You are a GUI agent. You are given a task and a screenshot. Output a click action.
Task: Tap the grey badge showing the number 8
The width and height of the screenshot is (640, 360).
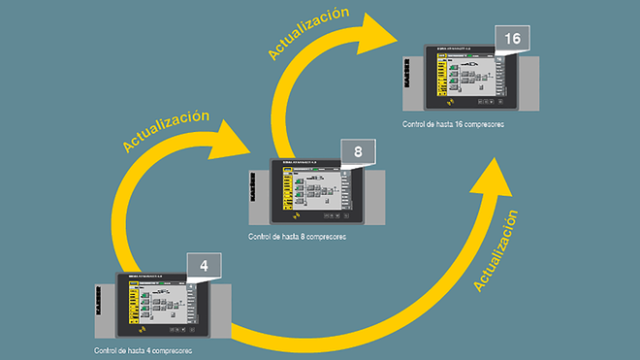(358, 152)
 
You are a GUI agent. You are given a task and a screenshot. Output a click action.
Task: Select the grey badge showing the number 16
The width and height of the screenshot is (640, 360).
(512, 39)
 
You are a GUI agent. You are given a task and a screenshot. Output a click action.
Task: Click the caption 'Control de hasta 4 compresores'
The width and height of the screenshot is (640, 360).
(144, 349)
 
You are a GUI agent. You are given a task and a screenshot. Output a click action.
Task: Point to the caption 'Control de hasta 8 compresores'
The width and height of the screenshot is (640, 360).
(298, 237)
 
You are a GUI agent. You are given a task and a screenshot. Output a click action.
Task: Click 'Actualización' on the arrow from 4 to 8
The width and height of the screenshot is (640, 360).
(166, 130)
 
